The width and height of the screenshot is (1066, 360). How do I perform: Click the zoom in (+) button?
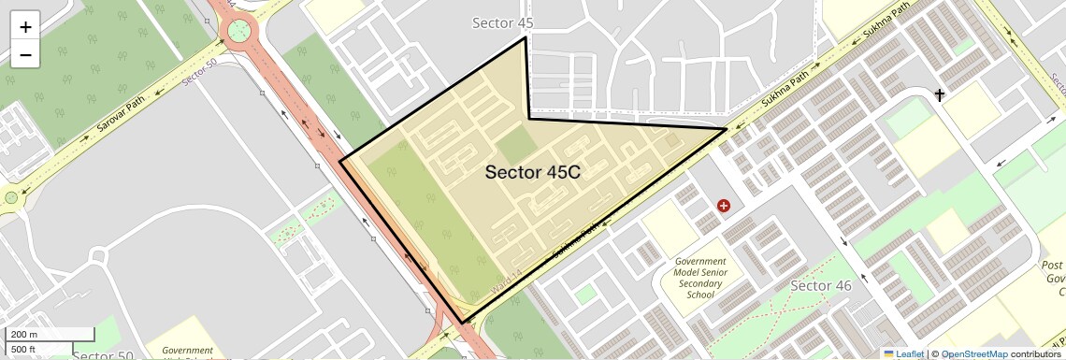(25, 26)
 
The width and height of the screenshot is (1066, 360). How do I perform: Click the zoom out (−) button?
(25, 54)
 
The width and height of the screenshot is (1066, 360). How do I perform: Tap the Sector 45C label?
(534, 172)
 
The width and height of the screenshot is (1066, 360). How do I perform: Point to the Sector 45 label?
(503, 22)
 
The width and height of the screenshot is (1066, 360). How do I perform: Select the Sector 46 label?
(820, 285)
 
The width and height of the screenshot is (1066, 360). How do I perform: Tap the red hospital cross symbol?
(723, 205)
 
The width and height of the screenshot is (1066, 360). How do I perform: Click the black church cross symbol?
(940, 94)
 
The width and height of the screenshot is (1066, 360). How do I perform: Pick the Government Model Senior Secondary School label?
(700, 279)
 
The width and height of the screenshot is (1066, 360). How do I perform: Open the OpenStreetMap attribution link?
(973, 353)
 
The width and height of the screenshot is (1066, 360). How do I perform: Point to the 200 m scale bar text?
(24, 335)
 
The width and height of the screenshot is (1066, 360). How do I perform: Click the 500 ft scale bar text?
(24, 350)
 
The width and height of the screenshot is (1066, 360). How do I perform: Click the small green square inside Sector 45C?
(512, 147)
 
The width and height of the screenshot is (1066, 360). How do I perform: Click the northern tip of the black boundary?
(525, 37)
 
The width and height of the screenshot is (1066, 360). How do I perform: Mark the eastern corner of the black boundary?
(727, 129)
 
